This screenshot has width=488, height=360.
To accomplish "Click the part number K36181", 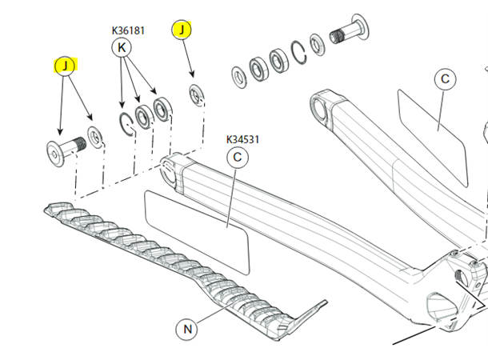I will tap(128, 31).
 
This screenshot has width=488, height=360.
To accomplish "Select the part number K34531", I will tap(243, 140).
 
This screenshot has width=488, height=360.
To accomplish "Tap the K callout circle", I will tap(122, 48).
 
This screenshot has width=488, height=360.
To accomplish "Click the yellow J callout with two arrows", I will tap(64, 65).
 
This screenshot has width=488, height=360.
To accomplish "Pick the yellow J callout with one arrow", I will tap(182, 31).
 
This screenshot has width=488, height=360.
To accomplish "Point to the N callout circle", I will tap(187, 329).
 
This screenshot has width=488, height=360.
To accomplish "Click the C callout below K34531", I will tap(237, 158).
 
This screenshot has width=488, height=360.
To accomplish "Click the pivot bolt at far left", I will tap(62, 150).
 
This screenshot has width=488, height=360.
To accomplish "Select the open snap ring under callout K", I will tap(126, 123).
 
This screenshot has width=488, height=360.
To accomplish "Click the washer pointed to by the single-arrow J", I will tap(195, 94).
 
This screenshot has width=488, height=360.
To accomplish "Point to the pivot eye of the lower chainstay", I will tap(170, 166).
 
